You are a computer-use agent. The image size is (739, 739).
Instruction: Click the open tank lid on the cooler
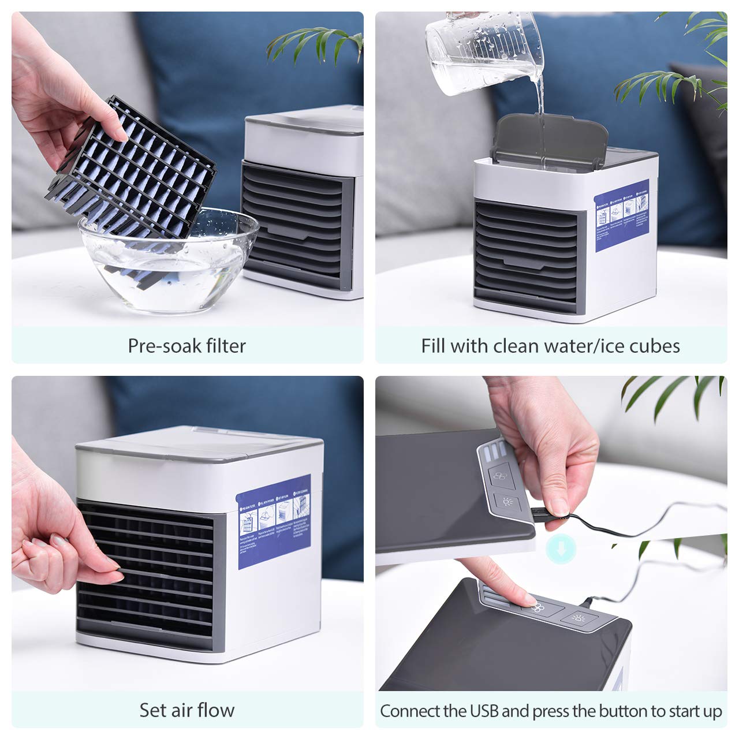pos(548,139)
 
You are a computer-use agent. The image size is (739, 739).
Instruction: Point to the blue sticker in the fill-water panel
pos(622,215)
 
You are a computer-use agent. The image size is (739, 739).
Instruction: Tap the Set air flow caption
pos(187,710)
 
